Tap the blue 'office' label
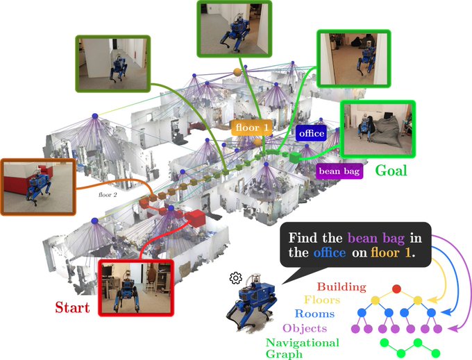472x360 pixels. [310, 132]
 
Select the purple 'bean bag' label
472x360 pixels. [339, 171]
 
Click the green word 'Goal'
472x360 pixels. [391, 170]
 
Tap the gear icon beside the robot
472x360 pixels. [235, 278]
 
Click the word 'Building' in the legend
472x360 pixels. [341, 286]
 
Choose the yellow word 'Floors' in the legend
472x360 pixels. [341, 300]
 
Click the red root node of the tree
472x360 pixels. [396, 288]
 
